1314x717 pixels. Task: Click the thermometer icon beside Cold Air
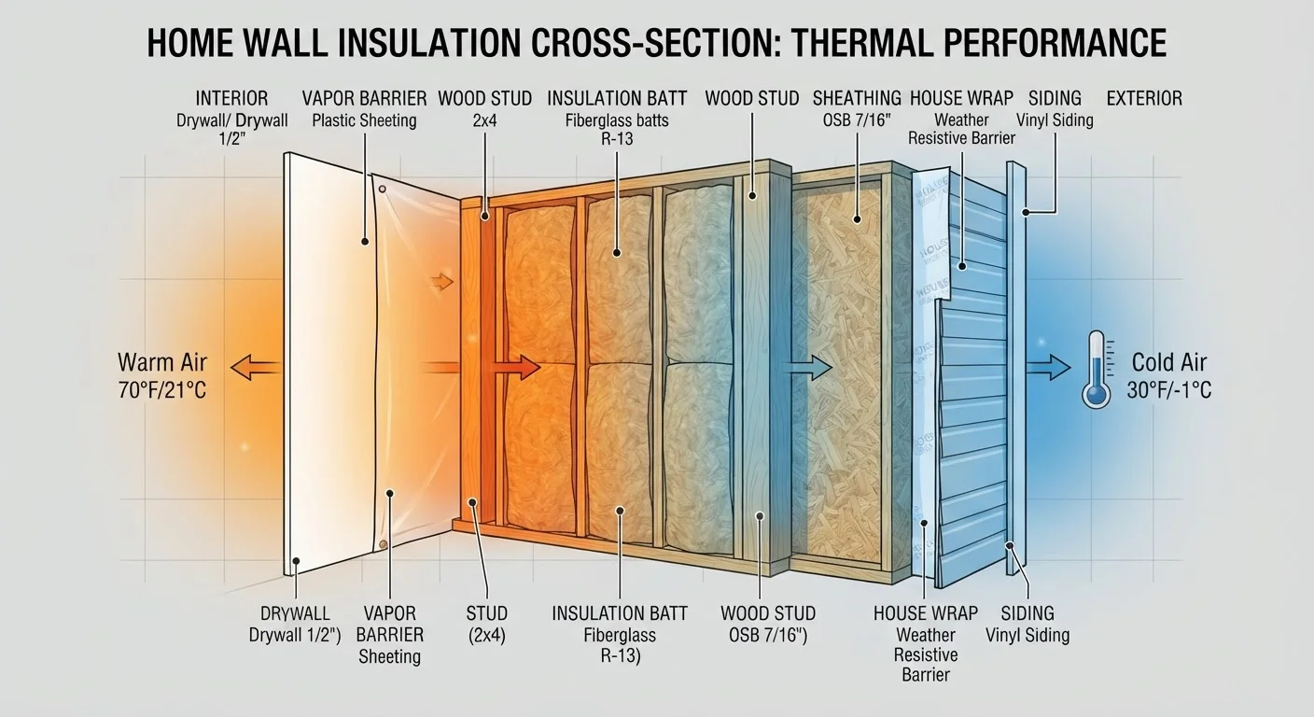(1096, 370)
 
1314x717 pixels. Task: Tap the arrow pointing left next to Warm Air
(256, 368)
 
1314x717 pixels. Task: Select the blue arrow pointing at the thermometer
(1048, 368)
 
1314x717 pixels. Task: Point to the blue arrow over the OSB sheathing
(808, 367)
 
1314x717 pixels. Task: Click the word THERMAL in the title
(861, 44)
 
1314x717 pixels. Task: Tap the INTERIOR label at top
(231, 98)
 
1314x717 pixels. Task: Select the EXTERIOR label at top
(1144, 98)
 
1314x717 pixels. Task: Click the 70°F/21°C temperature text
(162, 390)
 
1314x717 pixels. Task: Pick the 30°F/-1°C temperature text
(1169, 390)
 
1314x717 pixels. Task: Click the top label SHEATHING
(857, 98)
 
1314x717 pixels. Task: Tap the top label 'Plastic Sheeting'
(364, 120)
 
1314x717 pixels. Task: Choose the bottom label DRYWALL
(295, 613)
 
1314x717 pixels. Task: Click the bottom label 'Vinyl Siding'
(1027, 636)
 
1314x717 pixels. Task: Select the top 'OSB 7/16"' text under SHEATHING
(857, 120)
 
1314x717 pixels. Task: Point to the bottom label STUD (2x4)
(487, 625)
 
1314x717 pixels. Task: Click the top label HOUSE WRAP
(961, 98)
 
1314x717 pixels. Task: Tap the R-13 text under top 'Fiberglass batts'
(617, 139)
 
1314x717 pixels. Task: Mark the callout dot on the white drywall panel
(296, 561)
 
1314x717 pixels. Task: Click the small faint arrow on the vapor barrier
(442, 282)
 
